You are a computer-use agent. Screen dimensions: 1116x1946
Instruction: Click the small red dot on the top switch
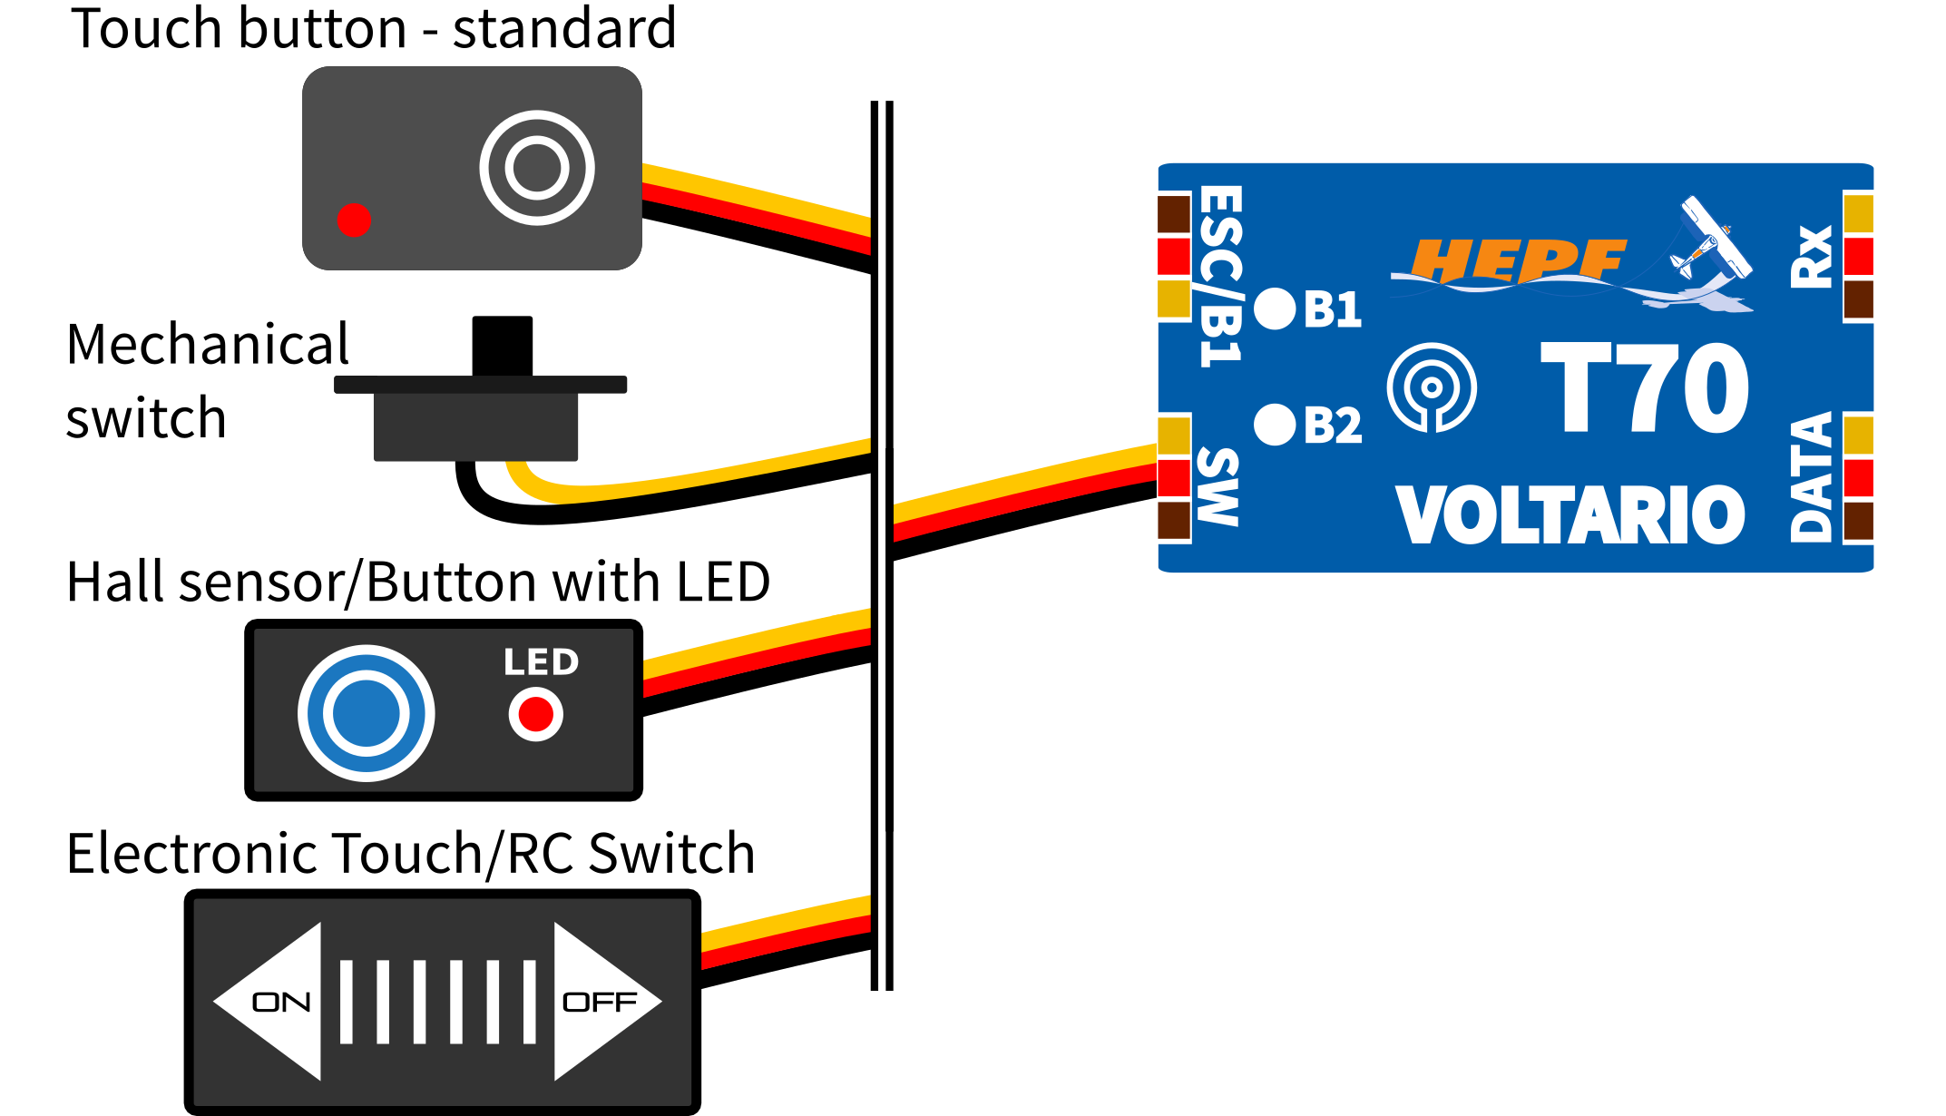tap(354, 220)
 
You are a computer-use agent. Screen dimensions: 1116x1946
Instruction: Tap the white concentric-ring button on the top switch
tap(537, 168)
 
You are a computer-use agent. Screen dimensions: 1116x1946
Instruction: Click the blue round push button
tap(367, 713)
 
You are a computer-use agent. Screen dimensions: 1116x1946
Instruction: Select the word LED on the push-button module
tap(542, 662)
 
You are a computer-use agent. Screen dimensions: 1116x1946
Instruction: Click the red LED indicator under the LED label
tap(536, 714)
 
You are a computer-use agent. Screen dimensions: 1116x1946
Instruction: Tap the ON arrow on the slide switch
tap(272, 1002)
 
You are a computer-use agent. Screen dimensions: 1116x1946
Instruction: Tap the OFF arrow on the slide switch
tap(603, 1002)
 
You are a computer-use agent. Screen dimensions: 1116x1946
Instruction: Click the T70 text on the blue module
tap(1645, 387)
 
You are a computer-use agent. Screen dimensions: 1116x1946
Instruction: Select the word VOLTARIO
tap(1570, 514)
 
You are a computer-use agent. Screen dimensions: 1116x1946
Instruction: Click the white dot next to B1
tap(1275, 309)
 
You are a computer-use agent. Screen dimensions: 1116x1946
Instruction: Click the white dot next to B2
tap(1275, 425)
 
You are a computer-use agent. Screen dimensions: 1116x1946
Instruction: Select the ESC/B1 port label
tap(1221, 276)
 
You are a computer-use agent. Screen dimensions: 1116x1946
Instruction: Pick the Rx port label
tap(1812, 258)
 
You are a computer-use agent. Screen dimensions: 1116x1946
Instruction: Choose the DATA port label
tap(1812, 477)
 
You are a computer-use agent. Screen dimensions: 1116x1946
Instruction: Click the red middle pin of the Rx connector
tap(1859, 256)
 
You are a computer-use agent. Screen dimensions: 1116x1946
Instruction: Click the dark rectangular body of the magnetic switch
tap(475, 426)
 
